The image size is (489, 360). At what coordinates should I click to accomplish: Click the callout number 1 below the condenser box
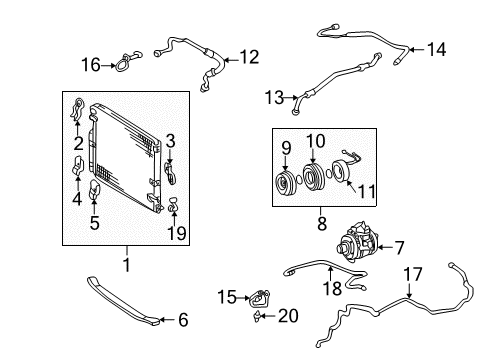coord(126,264)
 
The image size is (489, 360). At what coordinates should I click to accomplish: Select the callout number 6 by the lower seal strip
coord(182,320)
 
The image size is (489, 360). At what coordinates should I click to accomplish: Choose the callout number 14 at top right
coord(436,49)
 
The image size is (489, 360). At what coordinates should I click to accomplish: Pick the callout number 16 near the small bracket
coord(91,65)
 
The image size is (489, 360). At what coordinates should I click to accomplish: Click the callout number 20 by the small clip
coord(288,316)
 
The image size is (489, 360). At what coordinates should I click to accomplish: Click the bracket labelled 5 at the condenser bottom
coord(96,190)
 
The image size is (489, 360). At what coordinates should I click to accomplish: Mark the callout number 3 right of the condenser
coord(170,140)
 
